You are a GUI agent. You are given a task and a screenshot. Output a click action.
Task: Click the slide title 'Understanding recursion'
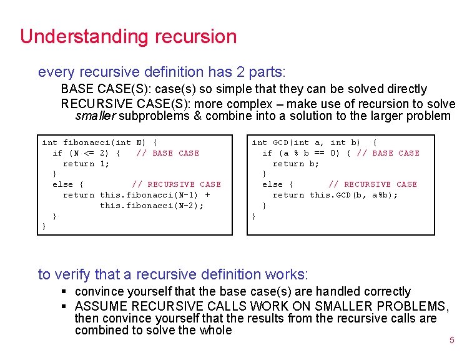click(128, 36)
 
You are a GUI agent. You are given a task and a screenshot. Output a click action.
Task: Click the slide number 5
click(452, 341)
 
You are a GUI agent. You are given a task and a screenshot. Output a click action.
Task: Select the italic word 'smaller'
click(95, 116)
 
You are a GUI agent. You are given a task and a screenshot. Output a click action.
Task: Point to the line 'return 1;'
click(86, 164)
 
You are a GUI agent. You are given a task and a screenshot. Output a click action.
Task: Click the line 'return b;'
click(296, 164)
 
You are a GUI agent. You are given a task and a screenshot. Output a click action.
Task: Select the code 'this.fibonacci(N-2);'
click(152, 206)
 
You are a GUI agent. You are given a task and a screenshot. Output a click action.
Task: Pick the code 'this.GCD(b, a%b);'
click(353, 195)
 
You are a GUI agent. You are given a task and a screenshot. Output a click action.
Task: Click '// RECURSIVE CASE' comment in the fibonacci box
click(176, 184)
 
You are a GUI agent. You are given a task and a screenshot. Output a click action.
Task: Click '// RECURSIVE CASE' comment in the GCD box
click(373, 184)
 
